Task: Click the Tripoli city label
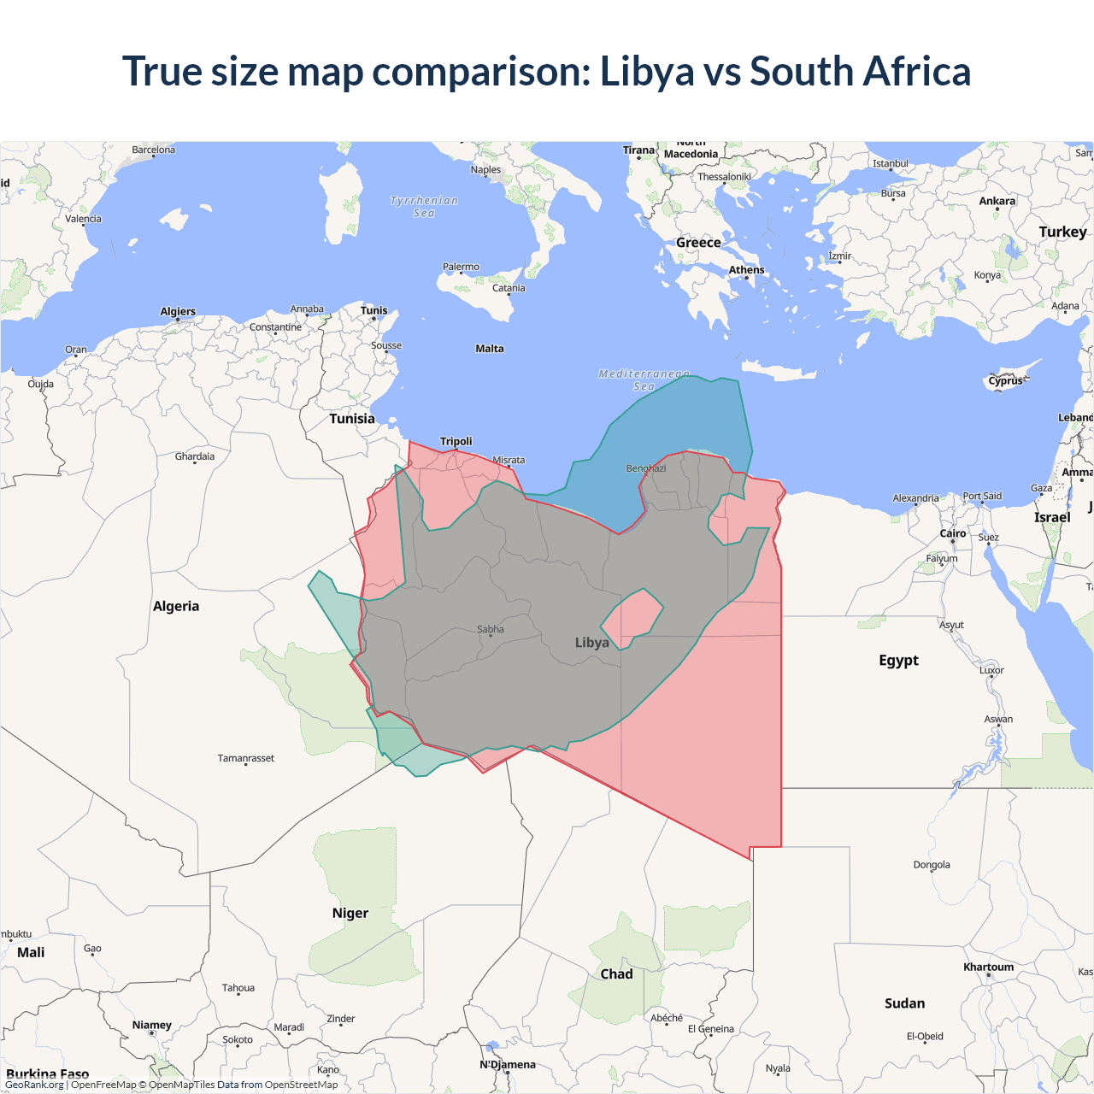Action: [456, 441]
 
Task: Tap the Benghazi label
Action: [645, 468]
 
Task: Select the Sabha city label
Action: [491, 629]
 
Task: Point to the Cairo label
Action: [953, 533]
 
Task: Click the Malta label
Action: [490, 349]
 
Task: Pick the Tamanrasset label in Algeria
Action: [246, 758]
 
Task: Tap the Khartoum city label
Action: [988, 967]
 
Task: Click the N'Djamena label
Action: [508, 1064]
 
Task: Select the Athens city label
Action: [747, 270]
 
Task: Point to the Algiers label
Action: [178, 311]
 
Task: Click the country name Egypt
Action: [898, 660]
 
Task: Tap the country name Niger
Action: [350, 913]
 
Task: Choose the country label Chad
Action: [616, 973]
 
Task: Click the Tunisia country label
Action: [352, 419]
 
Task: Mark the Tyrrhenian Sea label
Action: [424, 207]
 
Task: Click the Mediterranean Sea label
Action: [644, 380]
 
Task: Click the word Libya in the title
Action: [647, 72]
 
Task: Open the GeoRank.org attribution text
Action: [34, 1085]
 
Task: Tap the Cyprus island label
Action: [1005, 381]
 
